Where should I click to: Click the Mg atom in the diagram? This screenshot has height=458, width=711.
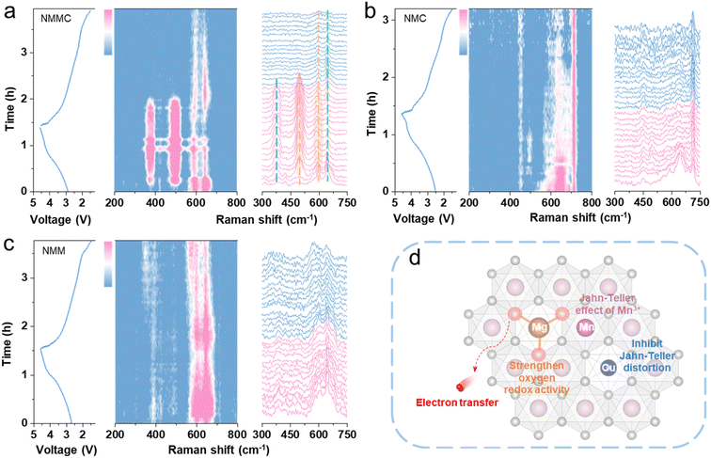click(538, 327)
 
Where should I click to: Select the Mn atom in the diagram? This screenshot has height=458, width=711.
click(586, 327)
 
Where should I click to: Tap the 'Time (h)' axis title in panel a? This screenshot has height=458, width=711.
click(11, 101)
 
